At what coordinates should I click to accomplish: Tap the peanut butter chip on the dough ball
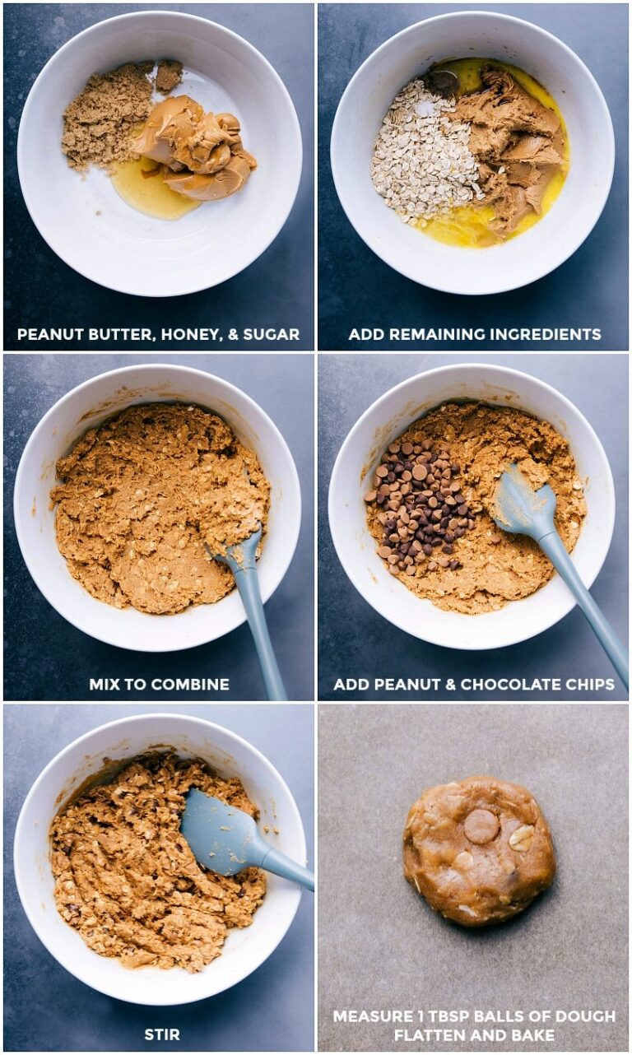pyautogui.click(x=481, y=826)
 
